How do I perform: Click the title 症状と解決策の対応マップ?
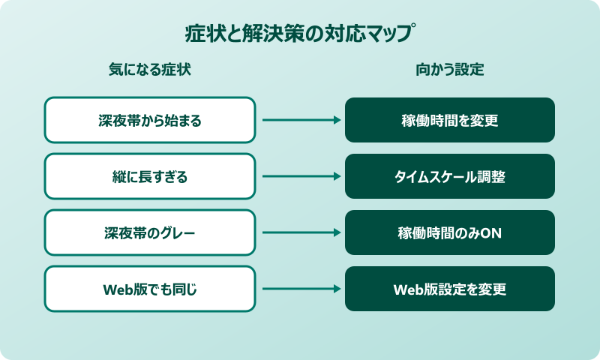pos(300,34)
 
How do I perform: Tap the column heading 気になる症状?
pos(150,70)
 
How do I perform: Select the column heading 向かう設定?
pos(450,70)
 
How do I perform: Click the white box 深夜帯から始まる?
pos(150,120)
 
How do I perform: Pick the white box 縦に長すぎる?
pos(150,177)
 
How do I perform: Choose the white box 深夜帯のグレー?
pos(150,232)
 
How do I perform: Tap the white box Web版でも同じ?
pos(150,289)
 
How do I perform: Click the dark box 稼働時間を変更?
pos(450,120)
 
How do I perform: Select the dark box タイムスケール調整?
pos(450,177)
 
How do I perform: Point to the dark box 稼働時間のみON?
pos(450,232)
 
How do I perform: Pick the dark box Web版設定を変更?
pos(450,289)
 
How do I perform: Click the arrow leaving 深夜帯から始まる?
pos(300,120)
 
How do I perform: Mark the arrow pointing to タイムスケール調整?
pos(300,177)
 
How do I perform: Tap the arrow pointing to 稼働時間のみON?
pos(300,232)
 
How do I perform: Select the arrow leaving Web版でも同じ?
pos(300,289)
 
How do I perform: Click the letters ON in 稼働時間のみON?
pos(491,233)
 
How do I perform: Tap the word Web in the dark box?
pos(408,289)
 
